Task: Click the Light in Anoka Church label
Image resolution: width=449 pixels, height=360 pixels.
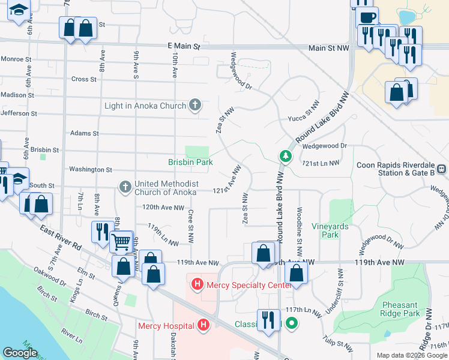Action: pyautogui.click(x=145, y=106)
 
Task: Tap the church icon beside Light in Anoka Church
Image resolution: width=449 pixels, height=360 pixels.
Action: pyautogui.click(x=194, y=106)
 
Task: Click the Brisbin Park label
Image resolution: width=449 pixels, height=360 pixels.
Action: pyautogui.click(x=190, y=162)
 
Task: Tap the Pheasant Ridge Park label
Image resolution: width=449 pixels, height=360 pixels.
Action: pyautogui.click(x=400, y=309)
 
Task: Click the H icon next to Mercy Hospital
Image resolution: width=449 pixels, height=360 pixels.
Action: pyautogui.click(x=203, y=326)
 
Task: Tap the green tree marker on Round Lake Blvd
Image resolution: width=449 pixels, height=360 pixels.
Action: pyautogui.click(x=286, y=157)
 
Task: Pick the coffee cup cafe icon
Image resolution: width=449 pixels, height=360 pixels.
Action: pyautogui.click(x=367, y=17)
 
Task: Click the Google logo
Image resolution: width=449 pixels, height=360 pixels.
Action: pyautogui.click(x=20, y=353)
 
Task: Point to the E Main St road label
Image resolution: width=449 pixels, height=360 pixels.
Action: pyautogui.click(x=184, y=46)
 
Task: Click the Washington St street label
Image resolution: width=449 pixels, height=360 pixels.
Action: pyautogui.click(x=91, y=170)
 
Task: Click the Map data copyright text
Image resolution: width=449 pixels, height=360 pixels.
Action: pyautogui.click(x=411, y=355)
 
